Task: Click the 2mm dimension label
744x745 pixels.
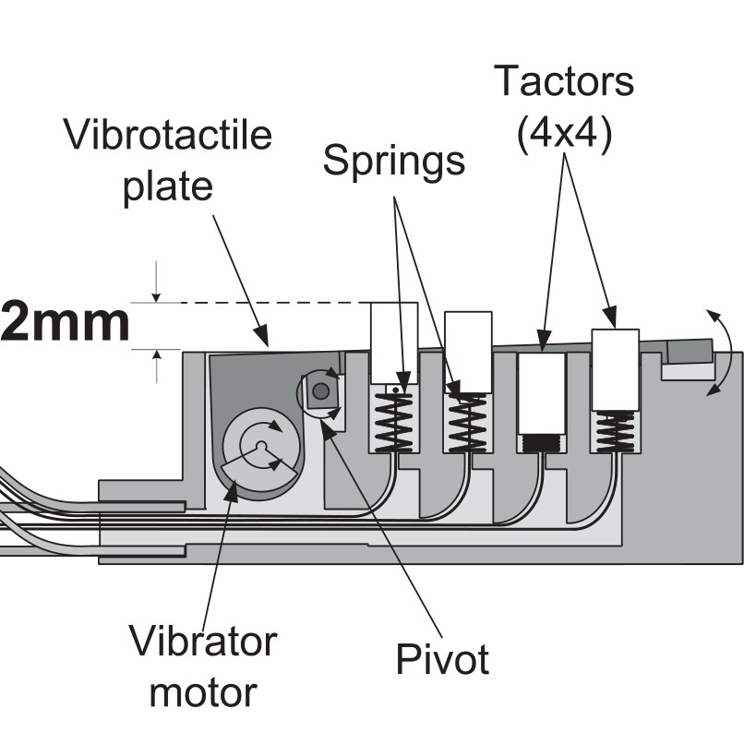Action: click(x=65, y=323)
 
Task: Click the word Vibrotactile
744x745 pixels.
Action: click(x=168, y=136)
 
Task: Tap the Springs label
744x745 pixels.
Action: click(x=394, y=162)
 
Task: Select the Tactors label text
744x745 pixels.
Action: click(x=564, y=81)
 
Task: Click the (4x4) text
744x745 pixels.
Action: click(x=564, y=136)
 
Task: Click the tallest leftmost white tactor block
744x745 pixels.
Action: click(x=394, y=342)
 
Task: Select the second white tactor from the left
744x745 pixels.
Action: click(x=467, y=352)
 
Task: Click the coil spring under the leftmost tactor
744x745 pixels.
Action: click(x=394, y=419)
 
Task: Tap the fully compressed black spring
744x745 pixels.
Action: click(x=541, y=443)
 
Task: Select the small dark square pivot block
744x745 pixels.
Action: click(x=320, y=391)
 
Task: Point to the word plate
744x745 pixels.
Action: click(x=168, y=186)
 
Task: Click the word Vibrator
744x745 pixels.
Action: click(x=202, y=641)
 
